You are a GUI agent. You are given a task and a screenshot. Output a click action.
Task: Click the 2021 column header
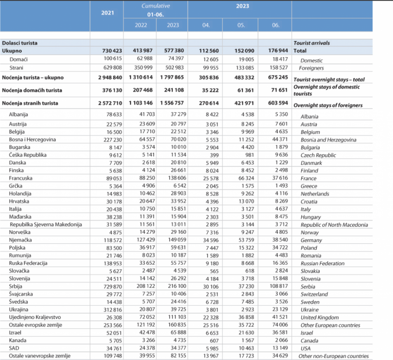[107, 13]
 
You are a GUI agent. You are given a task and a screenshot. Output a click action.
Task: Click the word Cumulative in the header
[156, 6]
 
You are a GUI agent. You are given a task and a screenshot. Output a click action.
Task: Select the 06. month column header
[276, 25]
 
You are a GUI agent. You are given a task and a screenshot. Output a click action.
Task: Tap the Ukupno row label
[12, 51]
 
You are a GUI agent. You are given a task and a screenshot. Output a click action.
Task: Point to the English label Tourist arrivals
[311, 43]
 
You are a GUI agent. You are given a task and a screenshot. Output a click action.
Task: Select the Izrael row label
[16, 332]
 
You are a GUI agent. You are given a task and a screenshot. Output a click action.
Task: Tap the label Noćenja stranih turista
[30, 104]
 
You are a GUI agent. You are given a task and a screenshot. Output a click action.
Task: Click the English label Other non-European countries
[333, 356]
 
